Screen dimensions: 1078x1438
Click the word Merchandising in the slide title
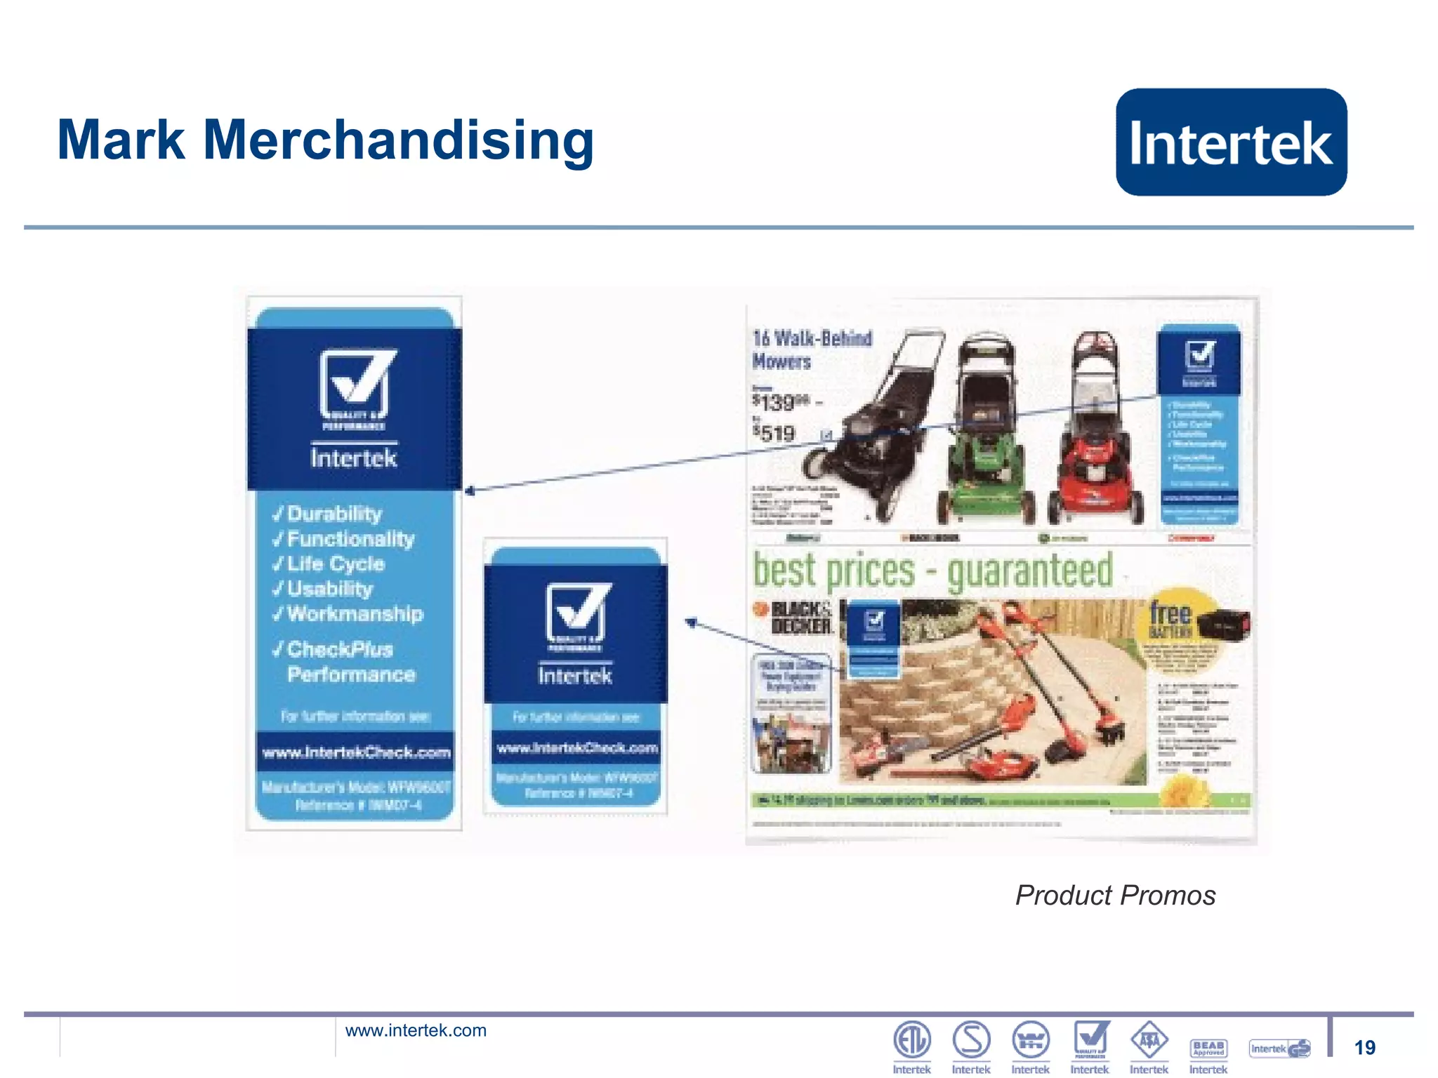click(398, 141)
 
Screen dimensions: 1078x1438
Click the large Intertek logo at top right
click(1231, 142)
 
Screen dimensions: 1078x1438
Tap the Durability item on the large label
click(334, 514)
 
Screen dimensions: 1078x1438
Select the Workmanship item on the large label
click(354, 614)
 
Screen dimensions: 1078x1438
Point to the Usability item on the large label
click(329, 589)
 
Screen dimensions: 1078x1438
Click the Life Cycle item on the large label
click(335, 564)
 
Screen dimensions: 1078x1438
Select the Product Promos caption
click(1115, 896)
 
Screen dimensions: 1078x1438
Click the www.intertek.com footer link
click(416, 1030)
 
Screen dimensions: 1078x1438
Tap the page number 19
click(1364, 1048)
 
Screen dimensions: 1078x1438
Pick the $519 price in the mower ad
click(774, 433)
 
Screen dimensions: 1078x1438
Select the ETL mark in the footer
click(911, 1040)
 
